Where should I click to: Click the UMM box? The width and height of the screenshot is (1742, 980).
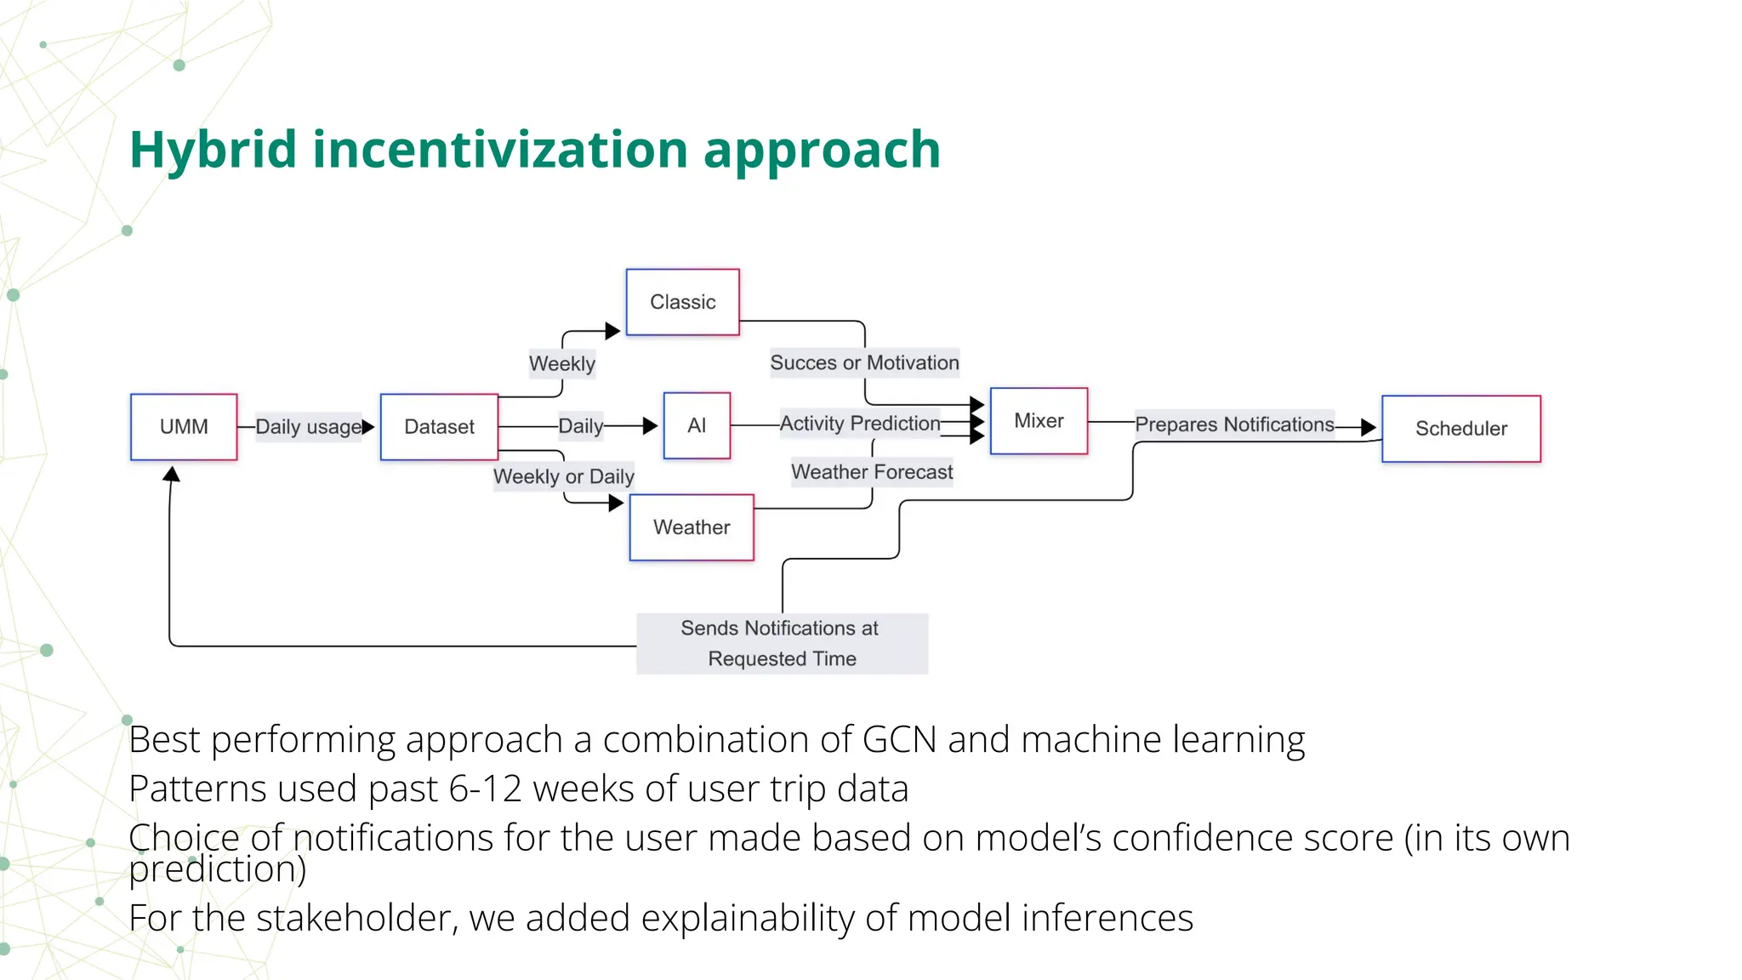point(184,426)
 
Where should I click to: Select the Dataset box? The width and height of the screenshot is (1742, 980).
point(439,426)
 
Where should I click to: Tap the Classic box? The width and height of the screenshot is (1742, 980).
point(682,302)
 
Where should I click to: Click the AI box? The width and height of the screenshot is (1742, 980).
point(697,425)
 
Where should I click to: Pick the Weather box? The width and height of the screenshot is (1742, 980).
point(692,527)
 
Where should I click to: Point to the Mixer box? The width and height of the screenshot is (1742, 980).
point(1039,421)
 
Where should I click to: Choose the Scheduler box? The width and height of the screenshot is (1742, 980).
point(1460,429)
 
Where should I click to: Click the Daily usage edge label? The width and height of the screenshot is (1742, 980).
point(309,427)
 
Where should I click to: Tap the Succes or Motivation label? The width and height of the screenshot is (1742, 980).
point(864,362)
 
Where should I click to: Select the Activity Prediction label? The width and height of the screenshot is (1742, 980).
point(860,424)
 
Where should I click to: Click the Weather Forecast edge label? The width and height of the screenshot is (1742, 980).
point(872,472)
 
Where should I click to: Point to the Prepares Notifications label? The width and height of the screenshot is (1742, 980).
point(1234,424)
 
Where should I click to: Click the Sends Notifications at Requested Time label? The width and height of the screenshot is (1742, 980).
point(781,643)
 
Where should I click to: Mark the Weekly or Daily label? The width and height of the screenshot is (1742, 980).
point(564,476)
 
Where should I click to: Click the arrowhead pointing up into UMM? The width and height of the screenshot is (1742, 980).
point(172,474)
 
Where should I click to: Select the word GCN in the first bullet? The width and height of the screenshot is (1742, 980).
point(899,739)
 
